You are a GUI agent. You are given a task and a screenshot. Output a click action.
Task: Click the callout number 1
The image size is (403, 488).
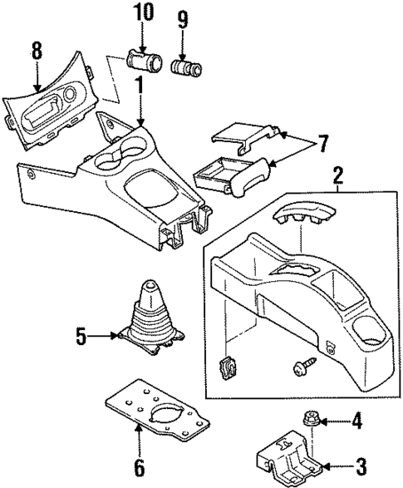tap(140, 86)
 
